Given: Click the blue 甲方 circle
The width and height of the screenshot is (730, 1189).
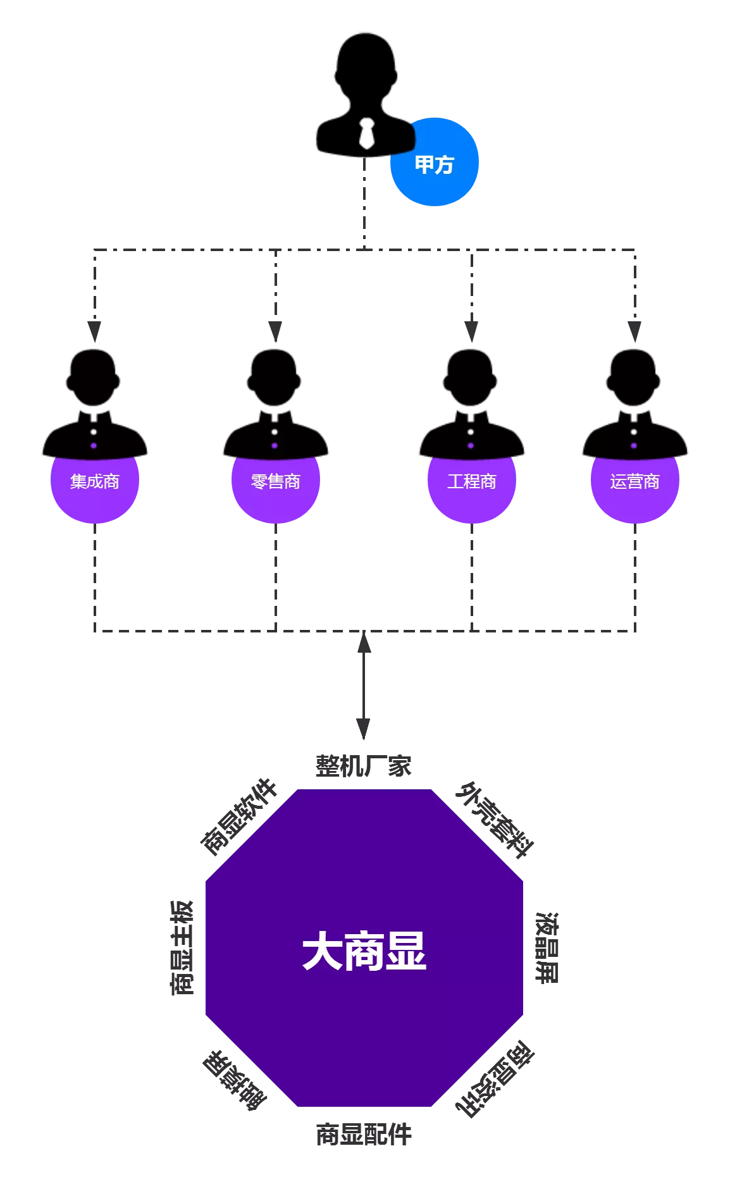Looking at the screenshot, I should [x=435, y=163].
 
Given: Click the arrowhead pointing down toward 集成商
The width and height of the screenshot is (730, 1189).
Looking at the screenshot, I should [x=95, y=331].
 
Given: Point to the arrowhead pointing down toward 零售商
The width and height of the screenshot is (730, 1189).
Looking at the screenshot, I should [x=275, y=331].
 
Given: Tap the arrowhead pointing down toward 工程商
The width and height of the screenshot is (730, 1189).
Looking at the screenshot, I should [x=471, y=331].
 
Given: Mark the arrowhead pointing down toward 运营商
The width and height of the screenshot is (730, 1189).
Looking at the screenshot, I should [x=634, y=331].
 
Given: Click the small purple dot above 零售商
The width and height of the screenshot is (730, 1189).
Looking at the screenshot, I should [x=275, y=446].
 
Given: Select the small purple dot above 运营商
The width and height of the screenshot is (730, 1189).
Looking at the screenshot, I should [x=634, y=446].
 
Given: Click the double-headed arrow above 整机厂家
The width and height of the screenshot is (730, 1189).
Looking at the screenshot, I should [x=364, y=686].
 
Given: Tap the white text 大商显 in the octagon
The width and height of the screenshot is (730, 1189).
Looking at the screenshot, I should [x=364, y=951].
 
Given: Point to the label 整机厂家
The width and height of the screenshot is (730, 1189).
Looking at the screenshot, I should [x=364, y=767].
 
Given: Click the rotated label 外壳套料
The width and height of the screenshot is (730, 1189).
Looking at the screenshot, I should [x=495, y=820].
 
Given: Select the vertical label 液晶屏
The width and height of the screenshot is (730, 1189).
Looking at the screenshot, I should [x=547, y=947].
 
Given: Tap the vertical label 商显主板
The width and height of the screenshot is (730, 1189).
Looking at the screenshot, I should [x=182, y=947].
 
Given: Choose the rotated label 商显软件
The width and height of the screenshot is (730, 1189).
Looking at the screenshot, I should [x=238, y=816].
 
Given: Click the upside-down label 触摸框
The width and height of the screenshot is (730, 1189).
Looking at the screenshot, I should [x=235, y=1080].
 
